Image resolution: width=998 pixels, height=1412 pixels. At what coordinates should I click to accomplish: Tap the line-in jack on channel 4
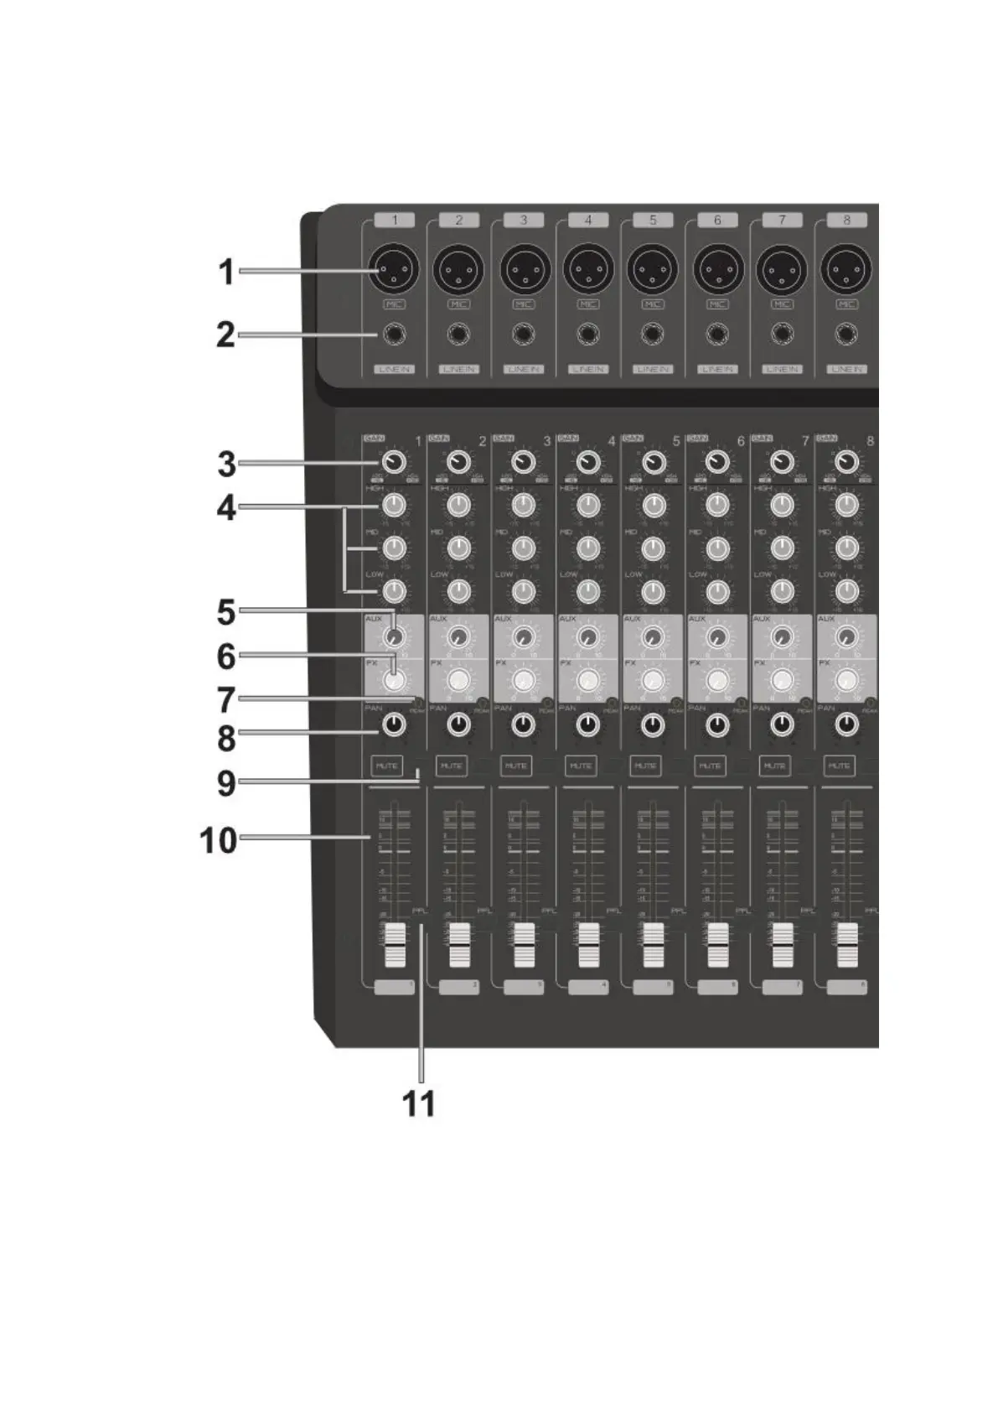pyautogui.click(x=587, y=335)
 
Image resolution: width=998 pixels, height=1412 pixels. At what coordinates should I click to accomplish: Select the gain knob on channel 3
pyautogui.click(x=523, y=463)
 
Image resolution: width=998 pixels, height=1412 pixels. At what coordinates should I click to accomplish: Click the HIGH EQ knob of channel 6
pyautogui.click(x=717, y=506)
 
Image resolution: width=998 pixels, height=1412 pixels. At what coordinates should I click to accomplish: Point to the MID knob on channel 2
pyautogui.click(x=458, y=548)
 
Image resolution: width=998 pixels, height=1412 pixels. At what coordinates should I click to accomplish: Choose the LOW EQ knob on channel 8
pyautogui.click(x=847, y=591)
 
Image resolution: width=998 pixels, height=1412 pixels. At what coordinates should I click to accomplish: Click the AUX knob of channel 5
pyautogui.click(x=653, y=636)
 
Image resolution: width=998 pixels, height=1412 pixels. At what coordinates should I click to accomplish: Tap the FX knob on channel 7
pyautogui.click(x=782, y=679)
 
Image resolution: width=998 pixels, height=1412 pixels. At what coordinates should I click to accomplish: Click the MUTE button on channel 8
pyautogui.click(x=839, y=766)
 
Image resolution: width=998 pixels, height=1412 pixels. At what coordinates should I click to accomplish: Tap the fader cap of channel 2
pyautogui.click(x=458, y=945)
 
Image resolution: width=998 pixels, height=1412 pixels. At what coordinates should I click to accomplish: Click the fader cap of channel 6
pyautogui.click(x=717, y=945)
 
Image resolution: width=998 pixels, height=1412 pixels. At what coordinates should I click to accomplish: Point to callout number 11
pyautogui.click(x=420, y=1103)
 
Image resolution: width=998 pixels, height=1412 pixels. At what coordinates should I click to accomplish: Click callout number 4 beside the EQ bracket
pyautogui.click(x=226, y=508)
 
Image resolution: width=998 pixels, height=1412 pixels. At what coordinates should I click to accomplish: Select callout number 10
pyautogui.click(x=219, y=839)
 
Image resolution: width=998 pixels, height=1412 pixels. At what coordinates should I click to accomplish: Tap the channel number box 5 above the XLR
pyautogui.click(x=653, y=220)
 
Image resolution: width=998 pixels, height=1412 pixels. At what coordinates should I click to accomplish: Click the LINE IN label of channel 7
pyautogui.click(x=782, y=369)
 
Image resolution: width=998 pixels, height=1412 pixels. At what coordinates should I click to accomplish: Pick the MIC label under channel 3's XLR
pyautogui.click(x=523, y=304)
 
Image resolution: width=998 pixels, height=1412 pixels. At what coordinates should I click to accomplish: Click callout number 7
pyautogui.click(x=226, y=698)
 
